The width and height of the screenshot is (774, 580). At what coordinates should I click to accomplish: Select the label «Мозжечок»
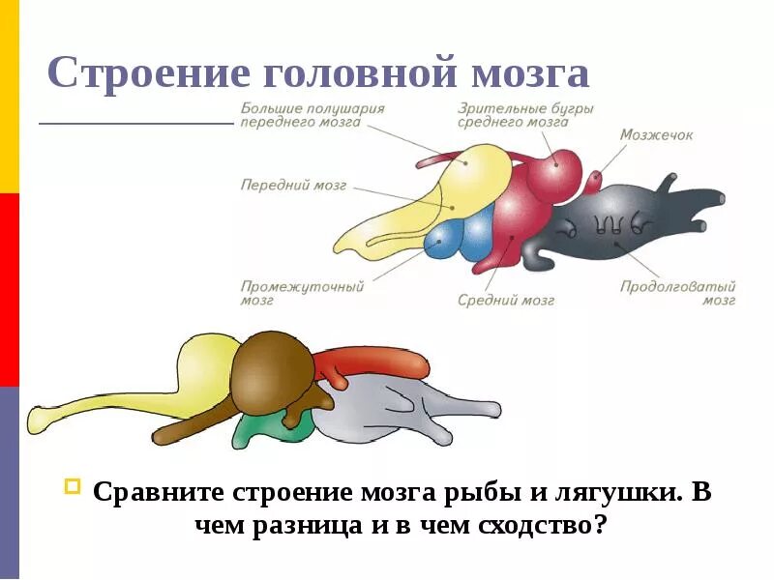(656, 135)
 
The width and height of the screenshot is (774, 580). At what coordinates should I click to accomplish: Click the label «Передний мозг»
(293, 185)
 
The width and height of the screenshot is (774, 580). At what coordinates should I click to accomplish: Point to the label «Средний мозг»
(506, 301)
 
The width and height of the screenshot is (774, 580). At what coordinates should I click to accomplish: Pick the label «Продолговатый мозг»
(678, 293)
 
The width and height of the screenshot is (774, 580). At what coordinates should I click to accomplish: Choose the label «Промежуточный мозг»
(301, 293)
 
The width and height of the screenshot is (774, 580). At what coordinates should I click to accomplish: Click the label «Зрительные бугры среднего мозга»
(526, 115)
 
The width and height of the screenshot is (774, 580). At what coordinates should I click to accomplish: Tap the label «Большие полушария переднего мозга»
(313, 115)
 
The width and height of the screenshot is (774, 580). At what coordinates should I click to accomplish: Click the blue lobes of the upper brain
(461, 238)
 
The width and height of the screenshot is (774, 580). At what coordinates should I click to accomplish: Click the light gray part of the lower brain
(387, 411)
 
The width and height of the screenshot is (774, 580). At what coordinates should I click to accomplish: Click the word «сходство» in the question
(530, 527)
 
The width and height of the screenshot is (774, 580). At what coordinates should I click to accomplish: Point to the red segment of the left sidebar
(9, 290)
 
